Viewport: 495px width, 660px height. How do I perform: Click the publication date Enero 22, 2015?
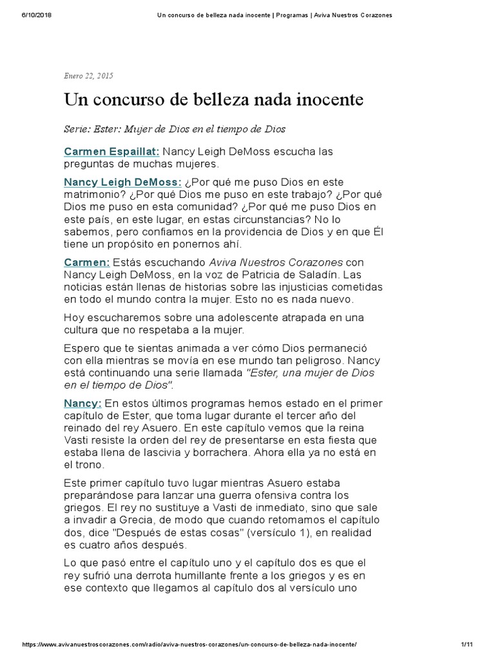pos(88,76)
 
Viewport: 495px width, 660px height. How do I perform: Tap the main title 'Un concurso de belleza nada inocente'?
pos(213,100)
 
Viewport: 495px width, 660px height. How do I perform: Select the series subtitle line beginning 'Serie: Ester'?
pos(174,129)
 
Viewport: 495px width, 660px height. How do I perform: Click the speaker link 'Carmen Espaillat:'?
pos(112,152)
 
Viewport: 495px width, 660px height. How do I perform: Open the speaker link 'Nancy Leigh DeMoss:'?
pos(122,182)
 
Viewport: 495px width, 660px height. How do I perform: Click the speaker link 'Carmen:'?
pos(87,262)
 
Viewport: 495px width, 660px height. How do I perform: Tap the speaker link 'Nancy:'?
pos(82,403)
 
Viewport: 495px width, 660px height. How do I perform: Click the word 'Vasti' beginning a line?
pos(77,440)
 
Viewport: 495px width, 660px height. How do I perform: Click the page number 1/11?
pos(468,645)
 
